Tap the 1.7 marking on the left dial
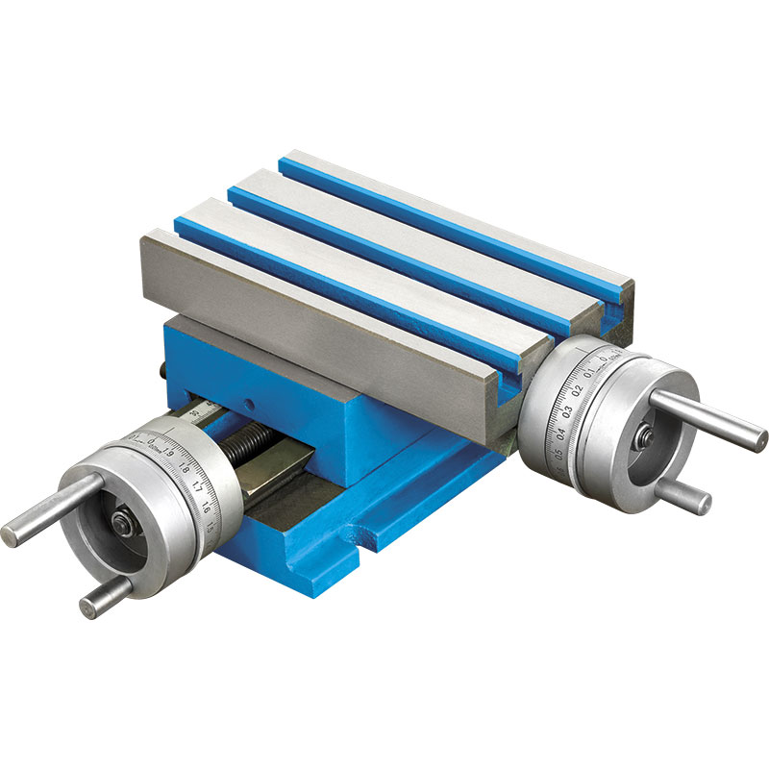coord(196,487)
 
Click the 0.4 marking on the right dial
coord(560,432)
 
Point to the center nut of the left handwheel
coord(122,524)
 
